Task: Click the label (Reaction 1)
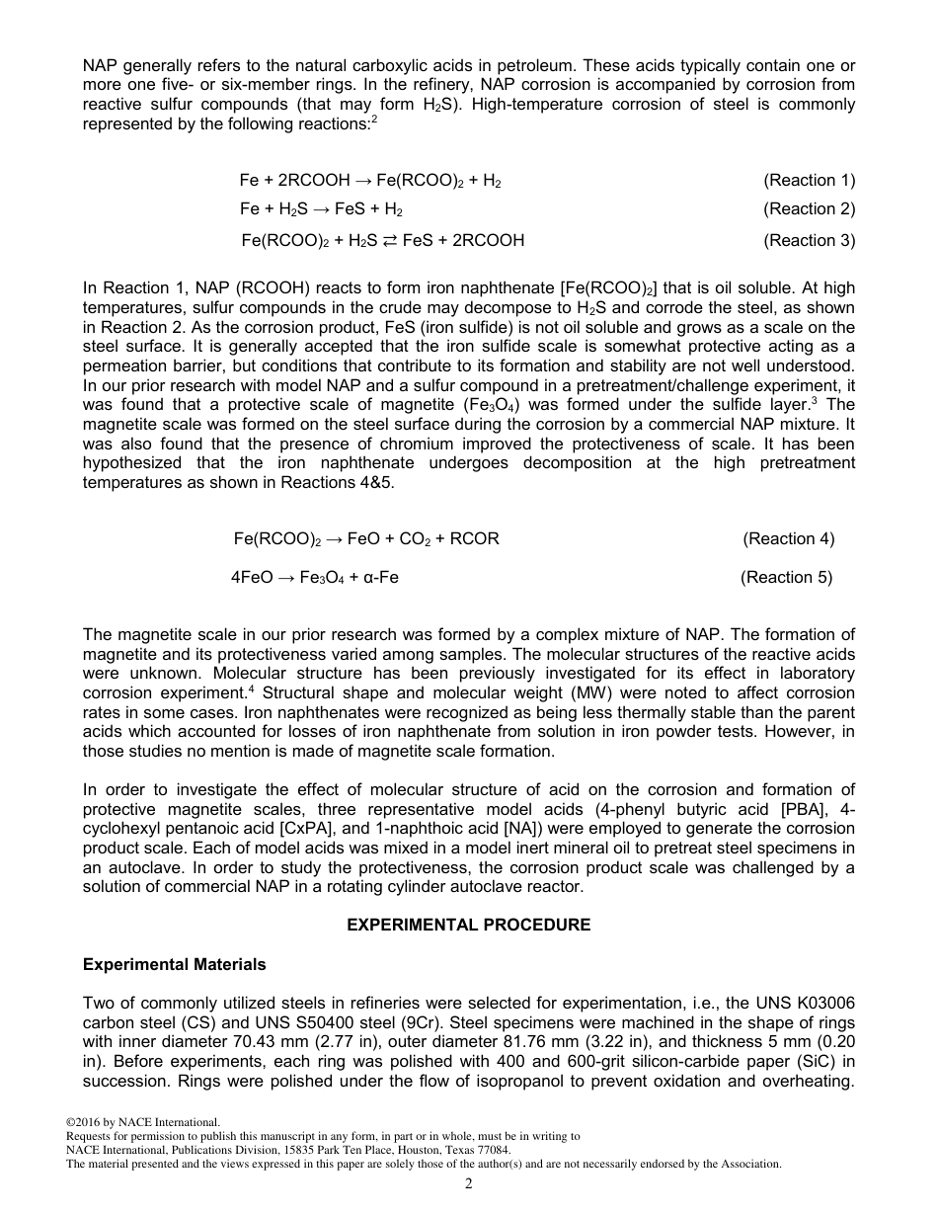pyautogui.click(x=809, y=180)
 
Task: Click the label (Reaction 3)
pyautogui.click(x=809, y=240)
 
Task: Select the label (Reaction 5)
pyautogui.click(x=786, y=577)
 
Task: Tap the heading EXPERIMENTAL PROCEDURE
pyautogui.click(x=469, y=925)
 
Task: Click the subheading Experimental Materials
pyautogui.click(x=174, y=964)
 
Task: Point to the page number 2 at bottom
pyautogui.click(x=469, y=1184)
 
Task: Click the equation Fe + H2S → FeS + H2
pyautogui.click(x=321, y=209)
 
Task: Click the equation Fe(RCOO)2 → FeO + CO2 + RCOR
pyautogui.click(x=366, y=538)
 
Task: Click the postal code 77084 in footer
pyautogui.click(x=494, y=1150)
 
